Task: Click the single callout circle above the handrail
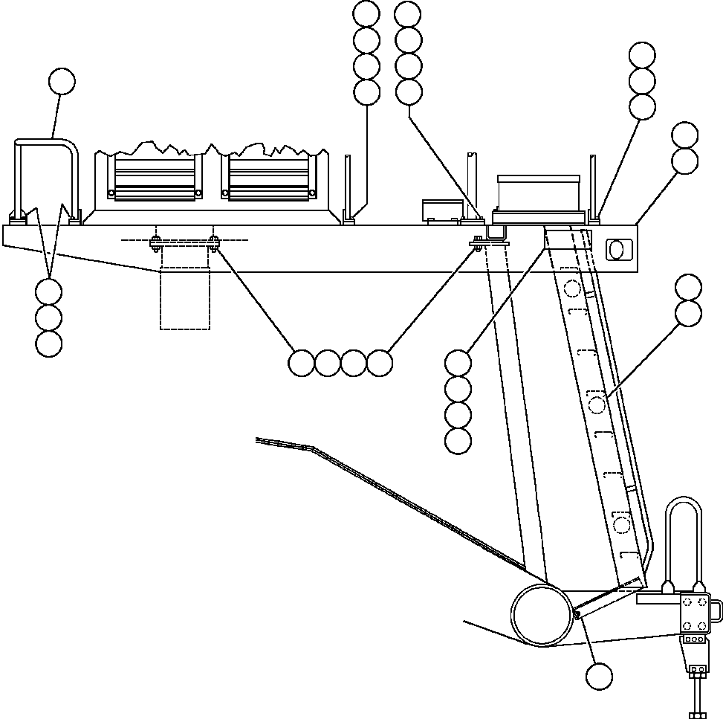pyautogui.click(x=62, y=81)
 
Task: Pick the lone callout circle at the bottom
pyautogui.click(x=599, y=677)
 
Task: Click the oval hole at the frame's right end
pyautogui.click(x=617, y=250)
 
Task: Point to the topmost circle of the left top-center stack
pyautogui.click(x=366, y=13)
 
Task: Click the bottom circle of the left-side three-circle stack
pyautogui.click(x=48, y=344)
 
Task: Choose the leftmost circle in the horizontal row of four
pyautogui.click(x=301, y=363)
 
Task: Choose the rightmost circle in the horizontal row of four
pyautogui.click(x=380, y=363)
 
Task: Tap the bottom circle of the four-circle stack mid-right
pyautogui.click(x=458, y=441)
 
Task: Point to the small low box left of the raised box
pyautogui.click(x=441, y=210)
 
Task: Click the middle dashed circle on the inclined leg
pyautogui.click(x=597, y=404)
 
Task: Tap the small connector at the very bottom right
pyautogui.click(x=697, y=671)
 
